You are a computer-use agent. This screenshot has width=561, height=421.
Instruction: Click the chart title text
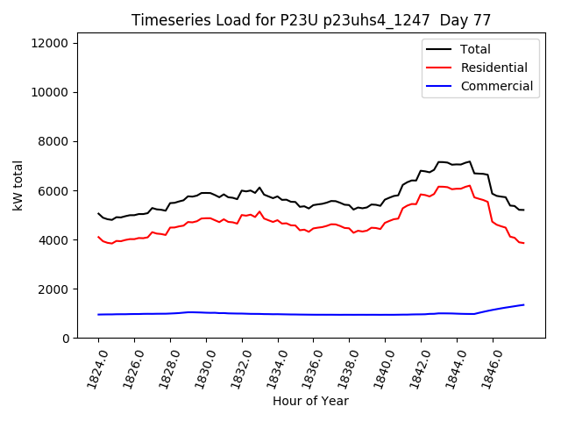pyautogui.click(x=311, y=19)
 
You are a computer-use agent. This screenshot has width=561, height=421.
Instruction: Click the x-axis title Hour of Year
pyautogui.click(x=311, y=401)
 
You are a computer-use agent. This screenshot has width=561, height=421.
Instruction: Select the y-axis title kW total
pyautogui.click(x=18, y=185)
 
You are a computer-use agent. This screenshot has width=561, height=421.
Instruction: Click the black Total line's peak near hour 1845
pyautogui.click(x=470, y=161)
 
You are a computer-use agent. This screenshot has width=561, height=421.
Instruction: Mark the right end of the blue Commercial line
pyautogui.click(x=523, y=305)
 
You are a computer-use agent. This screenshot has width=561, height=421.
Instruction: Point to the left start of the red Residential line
pyautogui.click(x=98, y=237)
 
